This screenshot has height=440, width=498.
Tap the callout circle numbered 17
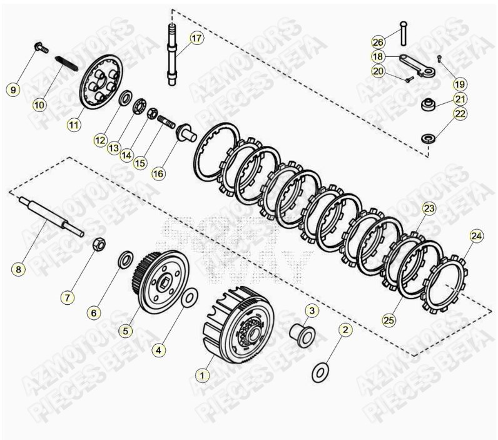coord(196,38)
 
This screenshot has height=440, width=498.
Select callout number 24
coord(477,236)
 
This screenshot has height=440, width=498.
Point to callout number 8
coord(19,270)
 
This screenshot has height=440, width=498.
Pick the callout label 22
coord(460,114)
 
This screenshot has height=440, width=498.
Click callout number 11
coord(74,125)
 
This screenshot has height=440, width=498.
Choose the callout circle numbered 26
coord(377,42)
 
